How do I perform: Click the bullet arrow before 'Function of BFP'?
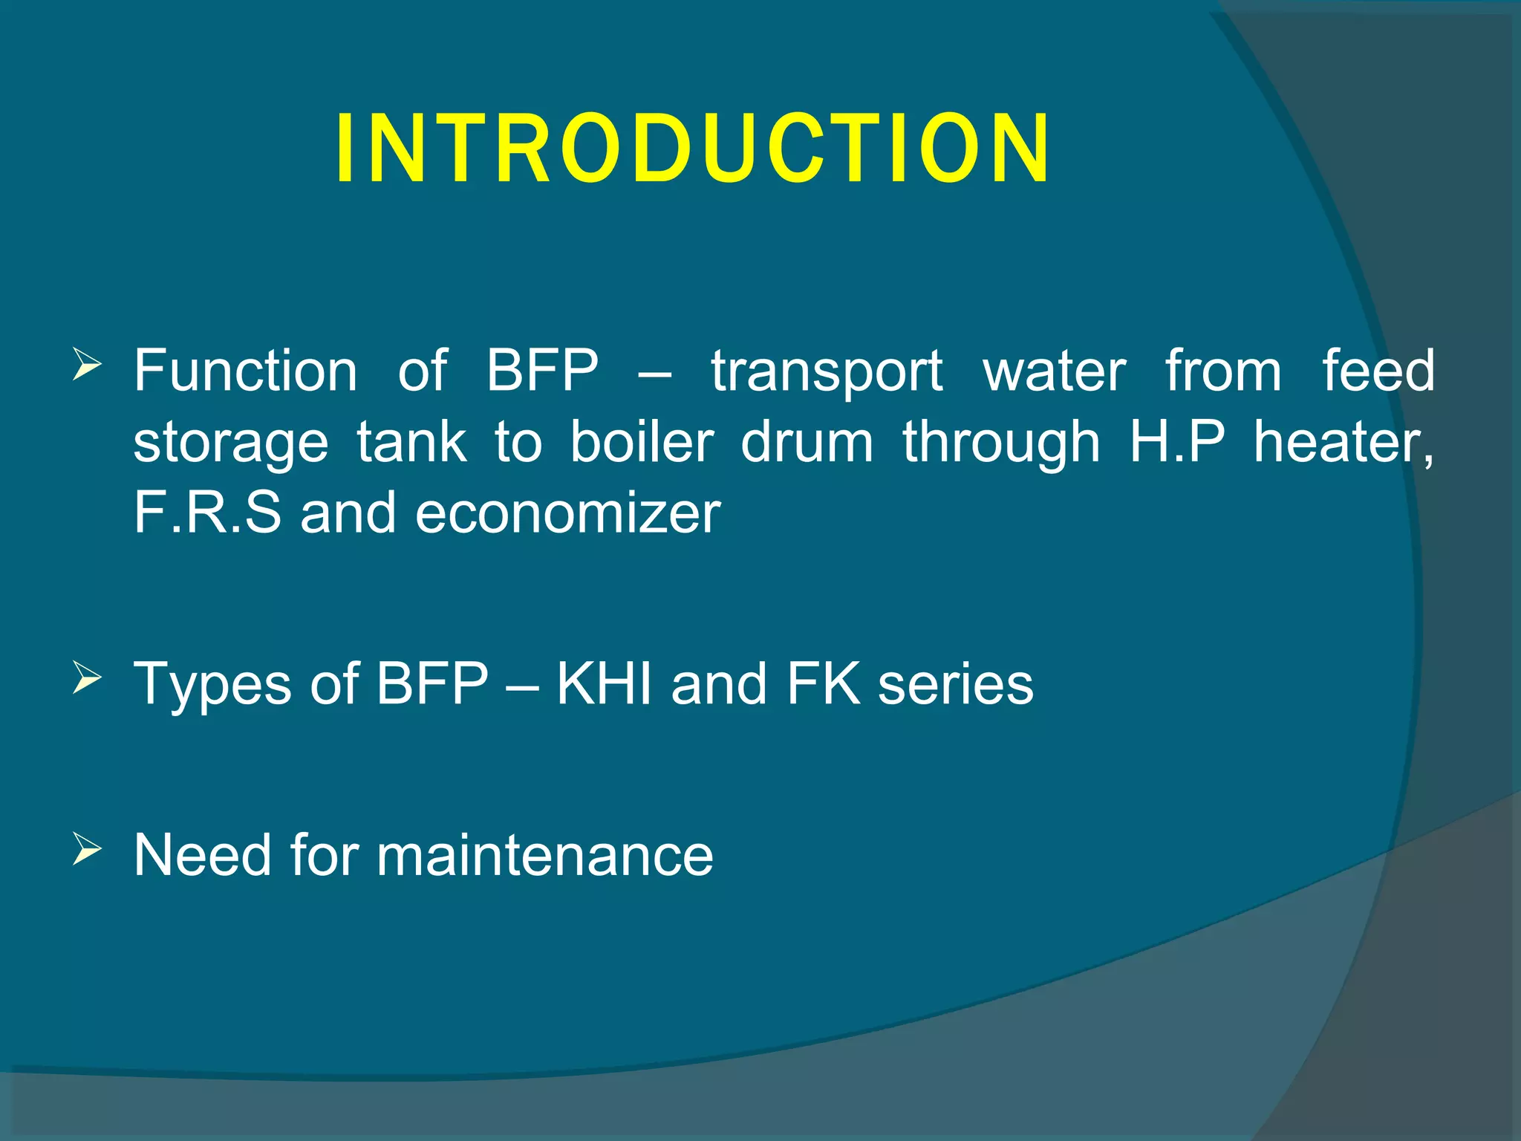87,365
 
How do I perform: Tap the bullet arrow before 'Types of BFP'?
87,678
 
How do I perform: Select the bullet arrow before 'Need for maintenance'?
87,849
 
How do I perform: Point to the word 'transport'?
827,371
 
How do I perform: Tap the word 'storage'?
230,443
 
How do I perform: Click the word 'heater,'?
1344,443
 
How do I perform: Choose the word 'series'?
956,683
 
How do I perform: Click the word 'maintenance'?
544,855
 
